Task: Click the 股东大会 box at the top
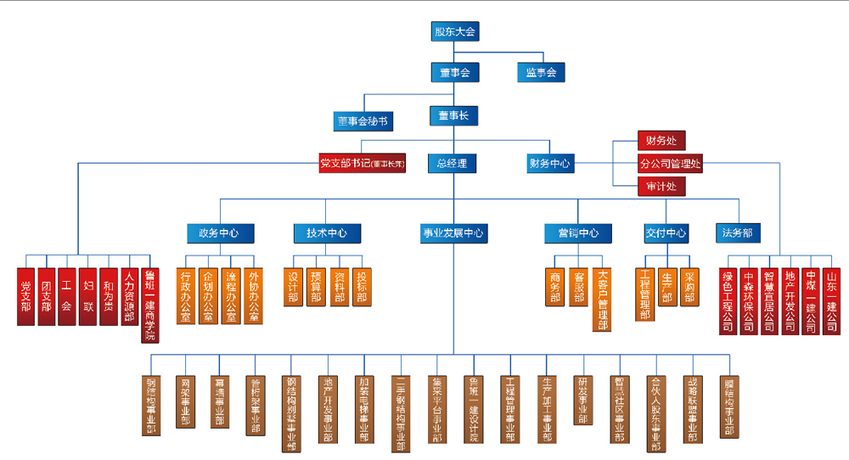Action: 454,32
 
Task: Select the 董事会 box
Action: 454,73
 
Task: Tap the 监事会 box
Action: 540,73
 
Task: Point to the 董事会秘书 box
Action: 363,121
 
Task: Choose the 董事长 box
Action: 453,115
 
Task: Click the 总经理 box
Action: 452,163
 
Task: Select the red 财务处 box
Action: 661,140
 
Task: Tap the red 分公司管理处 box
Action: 670,164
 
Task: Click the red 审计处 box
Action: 661,187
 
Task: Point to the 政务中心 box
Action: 218,233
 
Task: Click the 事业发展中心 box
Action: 453,233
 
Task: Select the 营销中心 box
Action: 578,233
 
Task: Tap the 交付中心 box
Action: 666,233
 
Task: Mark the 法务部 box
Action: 737,233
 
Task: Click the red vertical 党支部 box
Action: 26,296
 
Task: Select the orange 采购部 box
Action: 689,287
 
